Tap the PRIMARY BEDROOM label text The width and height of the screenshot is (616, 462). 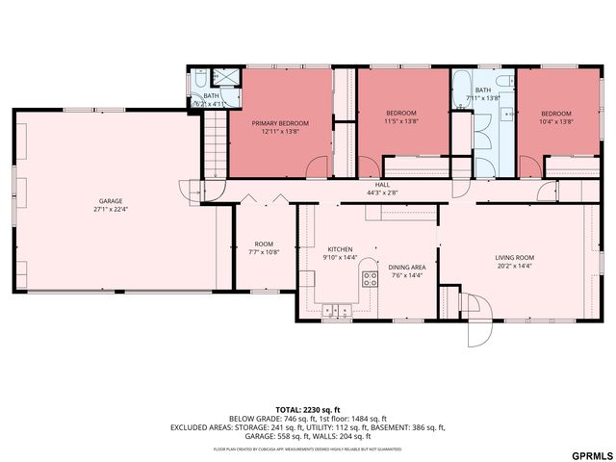click(280, 123)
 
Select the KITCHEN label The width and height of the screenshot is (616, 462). click(341, 247)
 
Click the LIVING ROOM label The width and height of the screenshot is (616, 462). click(514, 258)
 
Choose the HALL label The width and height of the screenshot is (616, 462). click(382, 184)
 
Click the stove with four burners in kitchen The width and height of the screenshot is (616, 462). click(370, 279)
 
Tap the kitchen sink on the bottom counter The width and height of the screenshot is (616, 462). click(337, 310)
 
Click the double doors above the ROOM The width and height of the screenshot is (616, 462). click(264, 197)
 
